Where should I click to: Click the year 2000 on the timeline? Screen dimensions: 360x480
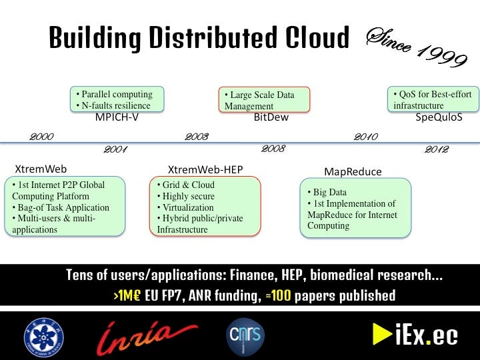pyautogui.click(x=41, y=137)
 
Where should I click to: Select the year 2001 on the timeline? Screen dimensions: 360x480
pyautogui.click(x=115, y=149)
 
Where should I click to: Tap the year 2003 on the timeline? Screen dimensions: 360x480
pyautogui.click(x=197, y=137)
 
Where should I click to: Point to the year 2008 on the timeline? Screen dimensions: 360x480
pyautogui.click(x=273, y=149)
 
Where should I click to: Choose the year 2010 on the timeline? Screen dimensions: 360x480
pyautogui.click(x=366, y=137)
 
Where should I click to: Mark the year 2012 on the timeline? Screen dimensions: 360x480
pyautogui.click(x=437, y=149)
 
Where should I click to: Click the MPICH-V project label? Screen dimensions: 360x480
pyautogui.click(x=117, y=118)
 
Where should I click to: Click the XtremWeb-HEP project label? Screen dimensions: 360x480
pyautogui.click(x=205, y=169)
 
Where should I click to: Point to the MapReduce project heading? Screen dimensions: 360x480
pyautogui.click(x=353, y=171)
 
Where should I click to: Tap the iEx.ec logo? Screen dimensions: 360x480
pyautogui.click(x=414, y=335)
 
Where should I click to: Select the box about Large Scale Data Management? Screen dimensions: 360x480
pyautogui.click(x=265, y=100)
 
